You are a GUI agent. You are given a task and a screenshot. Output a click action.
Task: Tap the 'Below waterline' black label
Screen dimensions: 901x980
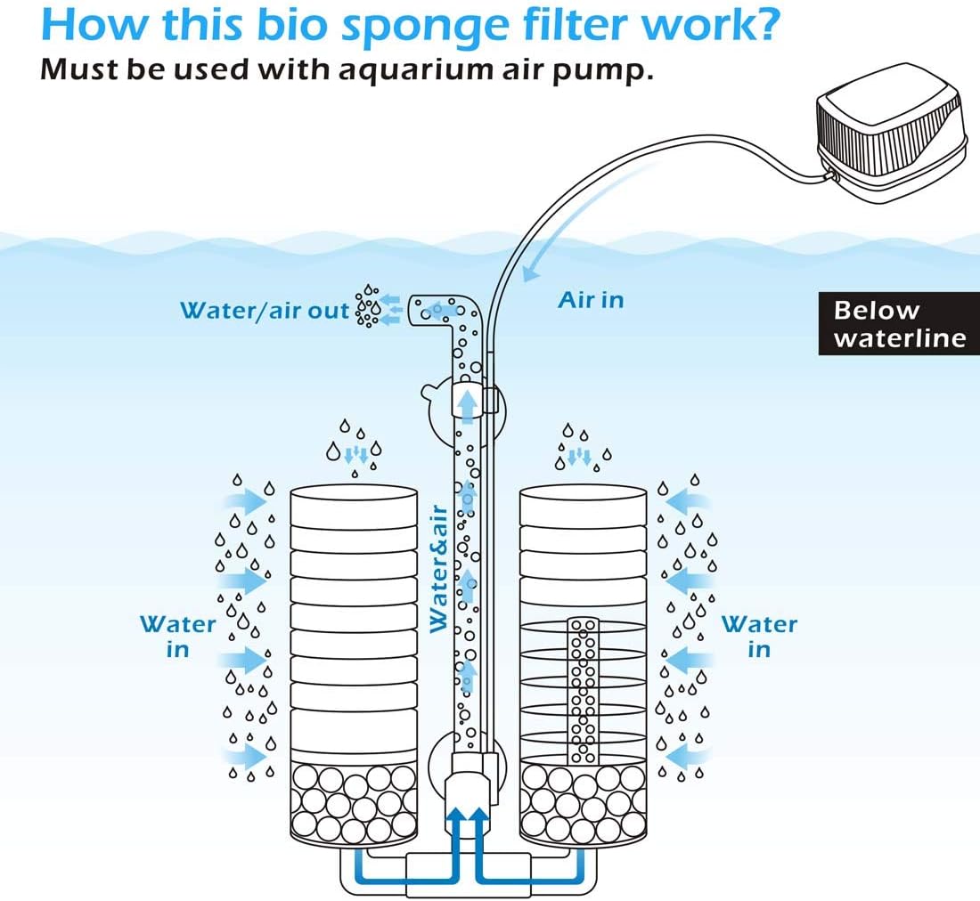coord(899,324)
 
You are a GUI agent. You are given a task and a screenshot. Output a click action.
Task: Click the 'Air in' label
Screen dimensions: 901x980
coord(591,300)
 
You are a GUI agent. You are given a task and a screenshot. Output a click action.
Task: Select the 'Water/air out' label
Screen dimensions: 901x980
coord(265,311)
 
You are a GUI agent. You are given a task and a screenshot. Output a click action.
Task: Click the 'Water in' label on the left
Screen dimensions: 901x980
coord(178,637)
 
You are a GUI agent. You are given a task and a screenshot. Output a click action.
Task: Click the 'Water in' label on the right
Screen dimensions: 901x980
coord(759,637)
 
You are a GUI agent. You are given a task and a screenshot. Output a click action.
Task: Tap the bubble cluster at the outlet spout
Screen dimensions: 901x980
coord(368,307)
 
